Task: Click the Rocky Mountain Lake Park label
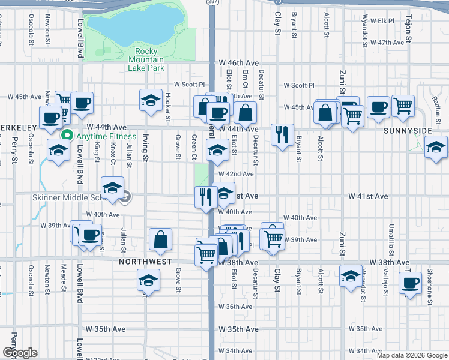coord(146,59)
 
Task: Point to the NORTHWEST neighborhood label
coord(145,262)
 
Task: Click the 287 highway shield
coord(213,3)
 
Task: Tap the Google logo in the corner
coord(20,353)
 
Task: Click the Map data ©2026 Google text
coord(412,355)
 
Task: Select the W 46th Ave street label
coord(238,63)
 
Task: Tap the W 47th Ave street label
coord(387,43)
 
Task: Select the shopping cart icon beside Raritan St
coord(403,105)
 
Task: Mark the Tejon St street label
coord(408,29)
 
